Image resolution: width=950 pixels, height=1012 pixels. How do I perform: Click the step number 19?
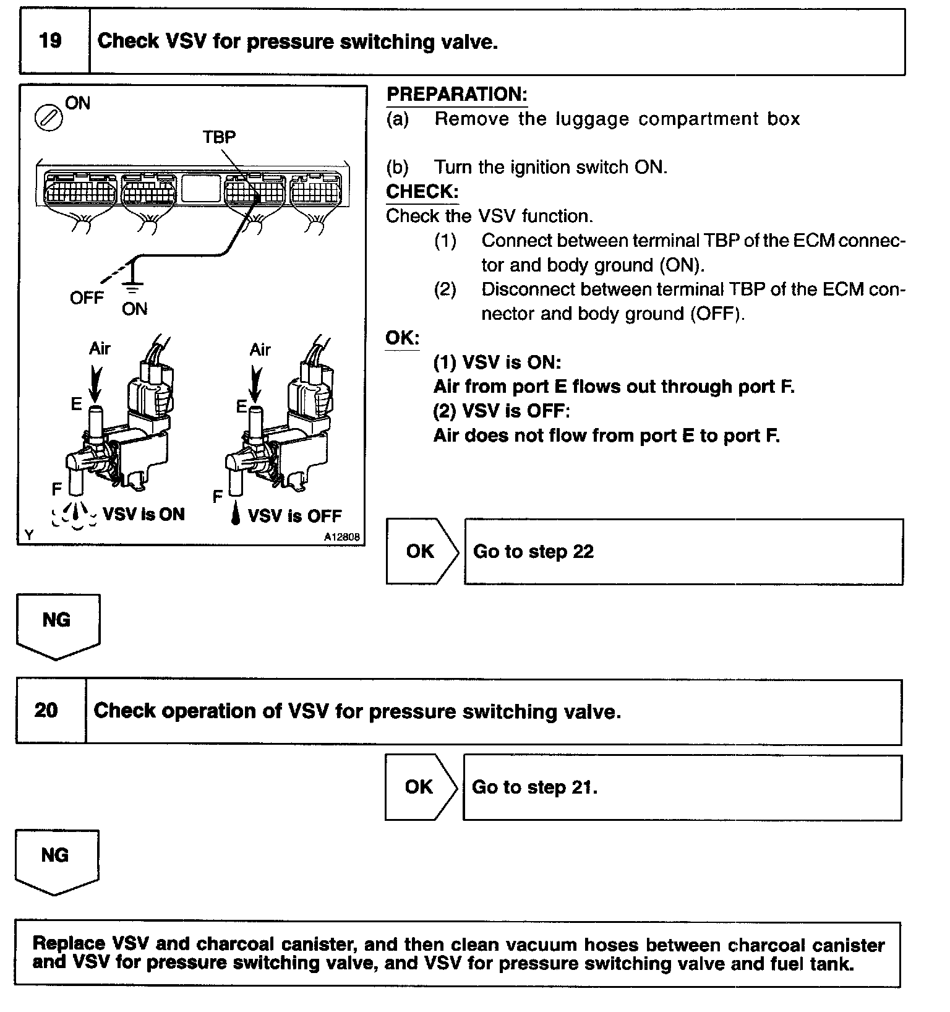(x=50, y=41)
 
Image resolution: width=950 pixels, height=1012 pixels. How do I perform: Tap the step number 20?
(x=46, y=710)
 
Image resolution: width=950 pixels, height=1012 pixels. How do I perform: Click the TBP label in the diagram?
(x=219, y=137)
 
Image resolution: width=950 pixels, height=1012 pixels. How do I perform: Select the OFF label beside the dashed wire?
(x=87, y=298)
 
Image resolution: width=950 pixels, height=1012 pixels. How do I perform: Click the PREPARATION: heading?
(x=456, y=95)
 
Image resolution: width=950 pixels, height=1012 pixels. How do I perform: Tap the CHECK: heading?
(x=422, y=192)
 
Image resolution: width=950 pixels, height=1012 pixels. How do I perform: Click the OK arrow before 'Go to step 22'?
(x=422, y=551)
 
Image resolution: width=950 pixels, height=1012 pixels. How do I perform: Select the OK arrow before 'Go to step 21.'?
(x=421, y=787)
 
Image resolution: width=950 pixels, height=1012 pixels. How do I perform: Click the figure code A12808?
(x=341, y=538)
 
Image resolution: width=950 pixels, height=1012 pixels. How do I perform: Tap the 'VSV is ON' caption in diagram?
(x=143, y=515)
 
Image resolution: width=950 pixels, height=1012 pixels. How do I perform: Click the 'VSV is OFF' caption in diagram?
(x=294, y=516)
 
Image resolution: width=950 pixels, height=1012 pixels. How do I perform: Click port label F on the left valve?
(x=57, y=490)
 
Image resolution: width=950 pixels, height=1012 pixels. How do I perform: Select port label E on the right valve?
(x=241, y=406)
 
